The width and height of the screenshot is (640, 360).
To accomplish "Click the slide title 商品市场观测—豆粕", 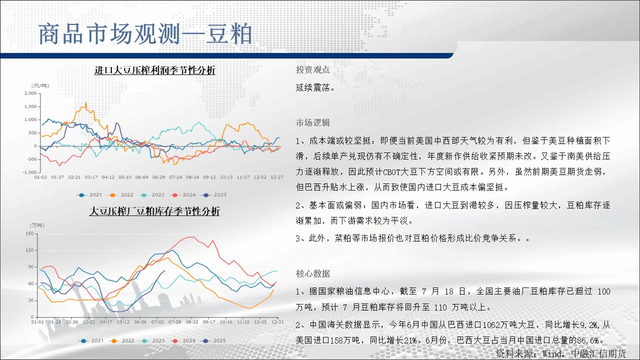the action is click(145, 34).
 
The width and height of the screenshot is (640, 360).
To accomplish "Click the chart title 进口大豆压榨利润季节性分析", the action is click(155, 70).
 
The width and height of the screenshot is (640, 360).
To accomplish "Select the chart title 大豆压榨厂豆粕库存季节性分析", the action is click(154, 211).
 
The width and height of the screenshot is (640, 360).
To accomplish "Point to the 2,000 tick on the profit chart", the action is click(30, 93).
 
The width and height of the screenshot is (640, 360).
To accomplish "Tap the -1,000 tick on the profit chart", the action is click(29, 172).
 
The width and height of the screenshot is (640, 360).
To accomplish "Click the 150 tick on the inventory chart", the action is click(29, 233).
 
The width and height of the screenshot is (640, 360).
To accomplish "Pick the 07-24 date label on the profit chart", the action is click(175, 177).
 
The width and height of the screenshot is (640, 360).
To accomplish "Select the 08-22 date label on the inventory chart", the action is click(191, 322).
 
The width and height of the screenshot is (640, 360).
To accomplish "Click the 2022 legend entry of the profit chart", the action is click(120, 195).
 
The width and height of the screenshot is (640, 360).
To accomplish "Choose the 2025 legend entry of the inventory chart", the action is click(213, 340).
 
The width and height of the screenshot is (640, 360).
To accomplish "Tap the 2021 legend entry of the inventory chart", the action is click(91, 340).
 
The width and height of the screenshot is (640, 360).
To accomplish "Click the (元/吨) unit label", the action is click(40, 85).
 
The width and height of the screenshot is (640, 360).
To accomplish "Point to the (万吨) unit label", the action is click(37, 225).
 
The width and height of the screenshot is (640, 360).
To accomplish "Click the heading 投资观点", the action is click(313, 69).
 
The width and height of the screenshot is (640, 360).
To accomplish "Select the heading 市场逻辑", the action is click(313, 122).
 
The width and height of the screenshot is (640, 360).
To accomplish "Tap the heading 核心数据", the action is click(313, 273).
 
